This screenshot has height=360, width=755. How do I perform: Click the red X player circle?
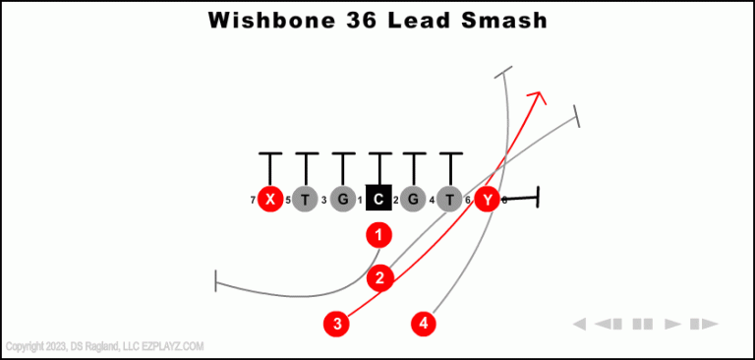click(270, 200)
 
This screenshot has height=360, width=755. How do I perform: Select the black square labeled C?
click(378, 200)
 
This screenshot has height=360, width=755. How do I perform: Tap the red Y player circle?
click(487, 200)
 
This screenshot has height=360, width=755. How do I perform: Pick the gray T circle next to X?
click(306, 200)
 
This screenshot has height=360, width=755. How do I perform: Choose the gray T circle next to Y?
click(449, 200)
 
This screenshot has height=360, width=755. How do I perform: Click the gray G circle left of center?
click(342, 200)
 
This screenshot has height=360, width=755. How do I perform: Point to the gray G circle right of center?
click(414, 200)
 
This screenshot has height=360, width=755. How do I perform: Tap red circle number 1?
click(378, 235)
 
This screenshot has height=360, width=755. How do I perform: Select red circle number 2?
click(380, 278)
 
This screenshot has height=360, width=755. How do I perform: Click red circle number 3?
click(337, 323)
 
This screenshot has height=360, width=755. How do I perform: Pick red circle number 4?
click(424, 323)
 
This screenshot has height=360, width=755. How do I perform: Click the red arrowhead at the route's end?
click(537, 96)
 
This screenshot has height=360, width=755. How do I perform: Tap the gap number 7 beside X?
click(253, 201)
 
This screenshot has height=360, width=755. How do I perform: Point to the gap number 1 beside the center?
click(360, 201)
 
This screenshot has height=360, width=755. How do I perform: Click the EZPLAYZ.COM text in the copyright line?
click(174, 346)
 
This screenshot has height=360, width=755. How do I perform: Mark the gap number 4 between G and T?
click(432, 201)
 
